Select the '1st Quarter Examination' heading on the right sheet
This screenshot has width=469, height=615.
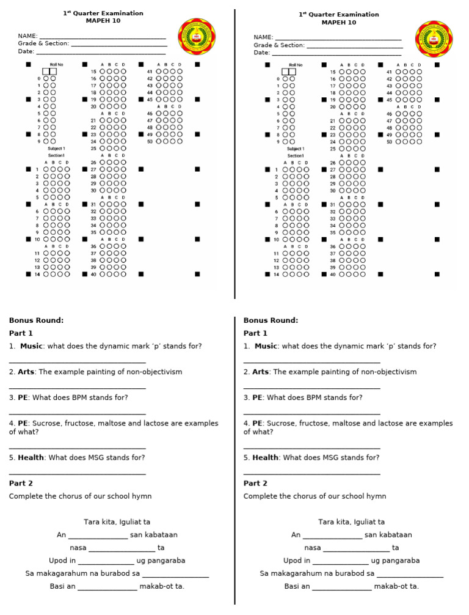[339, 14]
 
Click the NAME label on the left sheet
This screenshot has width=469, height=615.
[27, 36]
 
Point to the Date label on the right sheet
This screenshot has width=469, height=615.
[261, 53]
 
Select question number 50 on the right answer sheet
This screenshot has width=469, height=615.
[389, 141]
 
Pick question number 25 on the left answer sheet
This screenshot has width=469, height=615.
[93, 148]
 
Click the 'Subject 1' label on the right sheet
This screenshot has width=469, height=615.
[296, 149]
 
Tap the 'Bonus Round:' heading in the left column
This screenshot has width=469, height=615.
[36, 320]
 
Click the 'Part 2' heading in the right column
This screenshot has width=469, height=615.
[255, 484]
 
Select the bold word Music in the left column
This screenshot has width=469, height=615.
[31, 346]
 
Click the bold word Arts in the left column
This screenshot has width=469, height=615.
[26, 372]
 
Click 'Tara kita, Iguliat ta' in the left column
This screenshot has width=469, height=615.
[117, 522]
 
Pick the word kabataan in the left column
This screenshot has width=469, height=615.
[159, 535]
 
